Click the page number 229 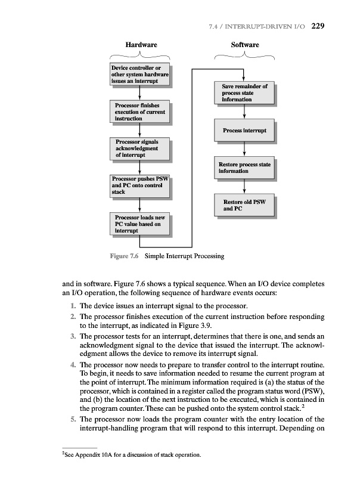pos(316,25)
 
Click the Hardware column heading pos(141,45)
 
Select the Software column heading pos(245,45)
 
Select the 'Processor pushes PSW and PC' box pos(140,186)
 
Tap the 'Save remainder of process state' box pos(244,93)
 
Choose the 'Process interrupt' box pos(244,130)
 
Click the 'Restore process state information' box pos(244,168)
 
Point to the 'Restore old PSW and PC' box pos(244,205)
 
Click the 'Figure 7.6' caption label pos(124,256)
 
